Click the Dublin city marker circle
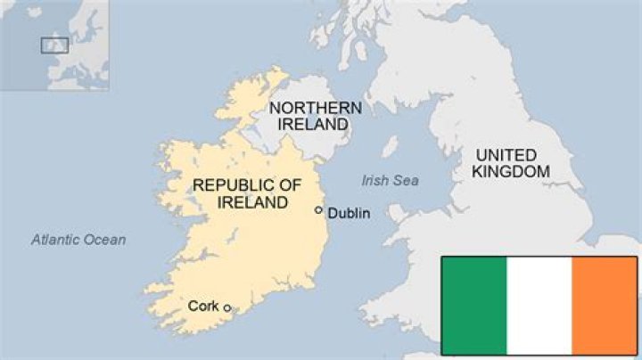point(318,210)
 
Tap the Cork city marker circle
point(226,308)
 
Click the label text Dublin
point(348,213)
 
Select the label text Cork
point(203,306)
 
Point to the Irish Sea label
point(390,181)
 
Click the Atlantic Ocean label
point(78,240)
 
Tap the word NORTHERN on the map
point(316,108)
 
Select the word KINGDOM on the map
point(511,171)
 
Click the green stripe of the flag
point(473,304)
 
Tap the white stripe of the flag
point(539,304)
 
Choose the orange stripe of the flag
point(604,304)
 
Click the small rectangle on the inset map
point(54,45)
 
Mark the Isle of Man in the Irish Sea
point(390,146)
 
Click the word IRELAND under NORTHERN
point(312,125)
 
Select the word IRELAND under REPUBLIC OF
point(252,202)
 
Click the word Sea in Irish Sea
point(407,181)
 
